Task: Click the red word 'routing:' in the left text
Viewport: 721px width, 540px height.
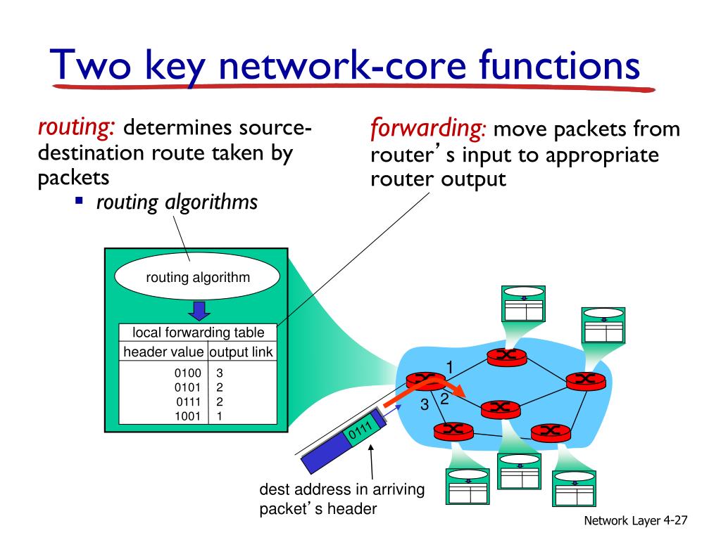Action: click(76, 128)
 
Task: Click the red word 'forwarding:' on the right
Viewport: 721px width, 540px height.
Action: click(427, 129)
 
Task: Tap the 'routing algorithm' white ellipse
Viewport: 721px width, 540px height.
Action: click(197, 277)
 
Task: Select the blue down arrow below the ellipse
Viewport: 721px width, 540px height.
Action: click(199, 311)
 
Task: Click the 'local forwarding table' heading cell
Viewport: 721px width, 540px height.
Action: click(198, 332)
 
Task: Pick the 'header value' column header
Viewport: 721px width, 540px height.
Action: click(163, 352)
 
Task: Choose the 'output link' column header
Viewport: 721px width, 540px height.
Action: click(242, 352)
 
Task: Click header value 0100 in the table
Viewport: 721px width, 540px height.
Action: click(187, 373)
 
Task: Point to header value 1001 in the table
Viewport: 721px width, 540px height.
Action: click(187, 416)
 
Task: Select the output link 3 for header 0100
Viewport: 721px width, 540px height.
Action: click(220, 373)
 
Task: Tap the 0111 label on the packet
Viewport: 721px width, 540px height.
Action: click(360, 431)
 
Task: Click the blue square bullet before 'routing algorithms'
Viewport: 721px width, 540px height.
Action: click(80, 200)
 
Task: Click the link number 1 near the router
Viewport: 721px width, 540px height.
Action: click(450, 367)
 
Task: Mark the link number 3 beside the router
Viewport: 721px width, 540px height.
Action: click(425, 404)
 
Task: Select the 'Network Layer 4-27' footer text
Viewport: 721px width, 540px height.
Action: click(636, 520)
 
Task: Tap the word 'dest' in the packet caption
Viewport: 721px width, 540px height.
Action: click(274, 489)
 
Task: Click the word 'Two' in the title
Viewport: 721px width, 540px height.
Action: click(90, 65)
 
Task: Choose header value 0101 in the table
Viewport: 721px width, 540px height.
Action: click(187, 387)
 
